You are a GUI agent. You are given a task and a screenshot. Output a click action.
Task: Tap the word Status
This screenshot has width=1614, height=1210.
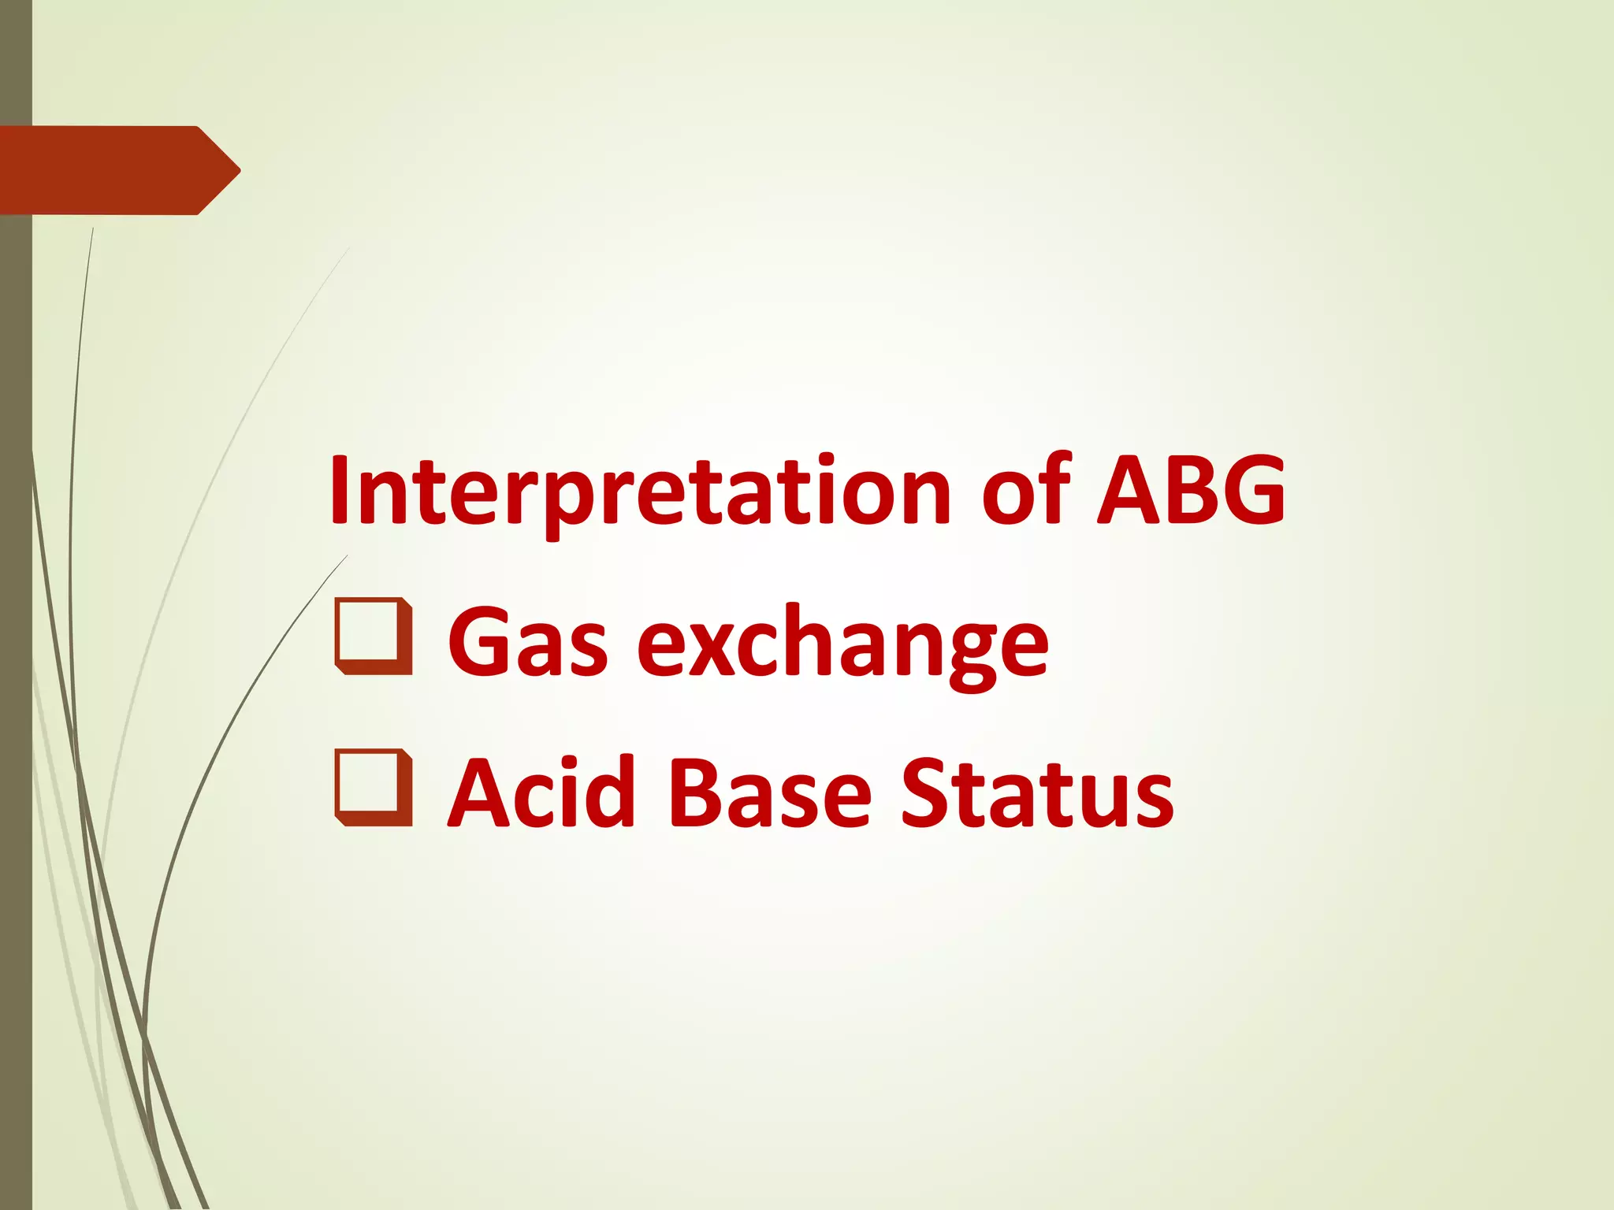[x=1037, y=792]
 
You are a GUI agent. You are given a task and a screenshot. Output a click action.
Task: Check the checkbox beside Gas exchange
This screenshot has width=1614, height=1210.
[x=373, y=637]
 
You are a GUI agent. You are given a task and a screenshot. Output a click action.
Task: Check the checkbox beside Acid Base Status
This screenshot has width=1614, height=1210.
[x=373, y=788]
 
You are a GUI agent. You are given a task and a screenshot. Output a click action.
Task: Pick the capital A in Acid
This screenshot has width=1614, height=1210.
[x=481, y=792]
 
